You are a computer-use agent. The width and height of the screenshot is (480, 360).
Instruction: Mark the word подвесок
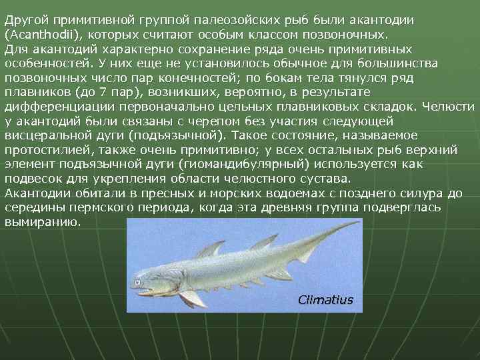click(x=31, y=179)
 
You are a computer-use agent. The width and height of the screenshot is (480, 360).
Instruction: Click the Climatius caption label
click(x=325, y=300)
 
